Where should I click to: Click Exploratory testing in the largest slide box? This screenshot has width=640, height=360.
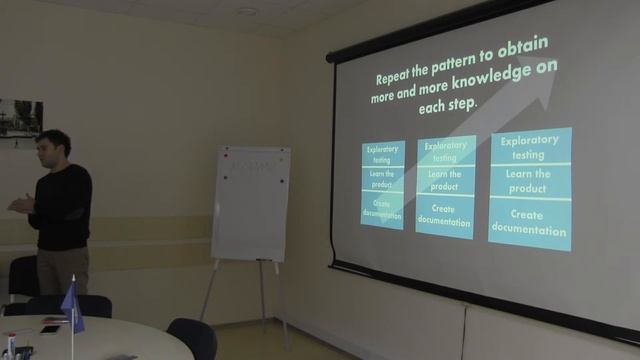tap(529, 148)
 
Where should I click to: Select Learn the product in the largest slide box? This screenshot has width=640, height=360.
tap(529, 182)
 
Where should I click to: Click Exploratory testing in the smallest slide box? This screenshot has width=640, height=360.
tap(382, 155)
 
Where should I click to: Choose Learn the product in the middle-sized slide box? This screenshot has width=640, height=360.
tap(445, 181)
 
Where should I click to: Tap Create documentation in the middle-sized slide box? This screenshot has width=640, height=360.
tap(444, 215)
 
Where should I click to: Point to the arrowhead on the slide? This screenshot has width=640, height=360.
tap(546, 81)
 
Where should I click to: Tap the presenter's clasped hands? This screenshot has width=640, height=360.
tap(19, 204)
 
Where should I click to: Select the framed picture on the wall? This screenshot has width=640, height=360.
tap(20, 122)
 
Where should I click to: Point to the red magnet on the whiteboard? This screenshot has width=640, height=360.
tap(226, 156)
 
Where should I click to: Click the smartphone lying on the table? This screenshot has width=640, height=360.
tap(49, 329)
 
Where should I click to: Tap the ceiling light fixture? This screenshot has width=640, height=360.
tap(247, 11)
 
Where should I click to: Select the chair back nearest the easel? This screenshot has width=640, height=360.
tap(193, 337)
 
